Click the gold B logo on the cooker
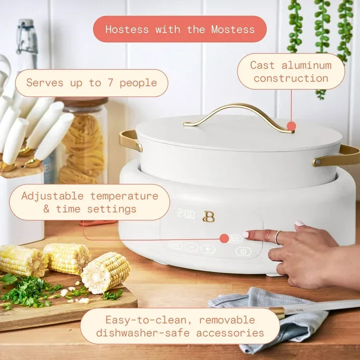[208, 216]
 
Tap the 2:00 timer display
[186, 214]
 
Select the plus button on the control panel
[208, 249]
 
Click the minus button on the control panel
[191, 247]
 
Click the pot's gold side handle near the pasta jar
[130, 140]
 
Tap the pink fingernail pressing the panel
[247, 234]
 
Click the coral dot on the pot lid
[291, 126]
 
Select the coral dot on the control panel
[223, 238]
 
